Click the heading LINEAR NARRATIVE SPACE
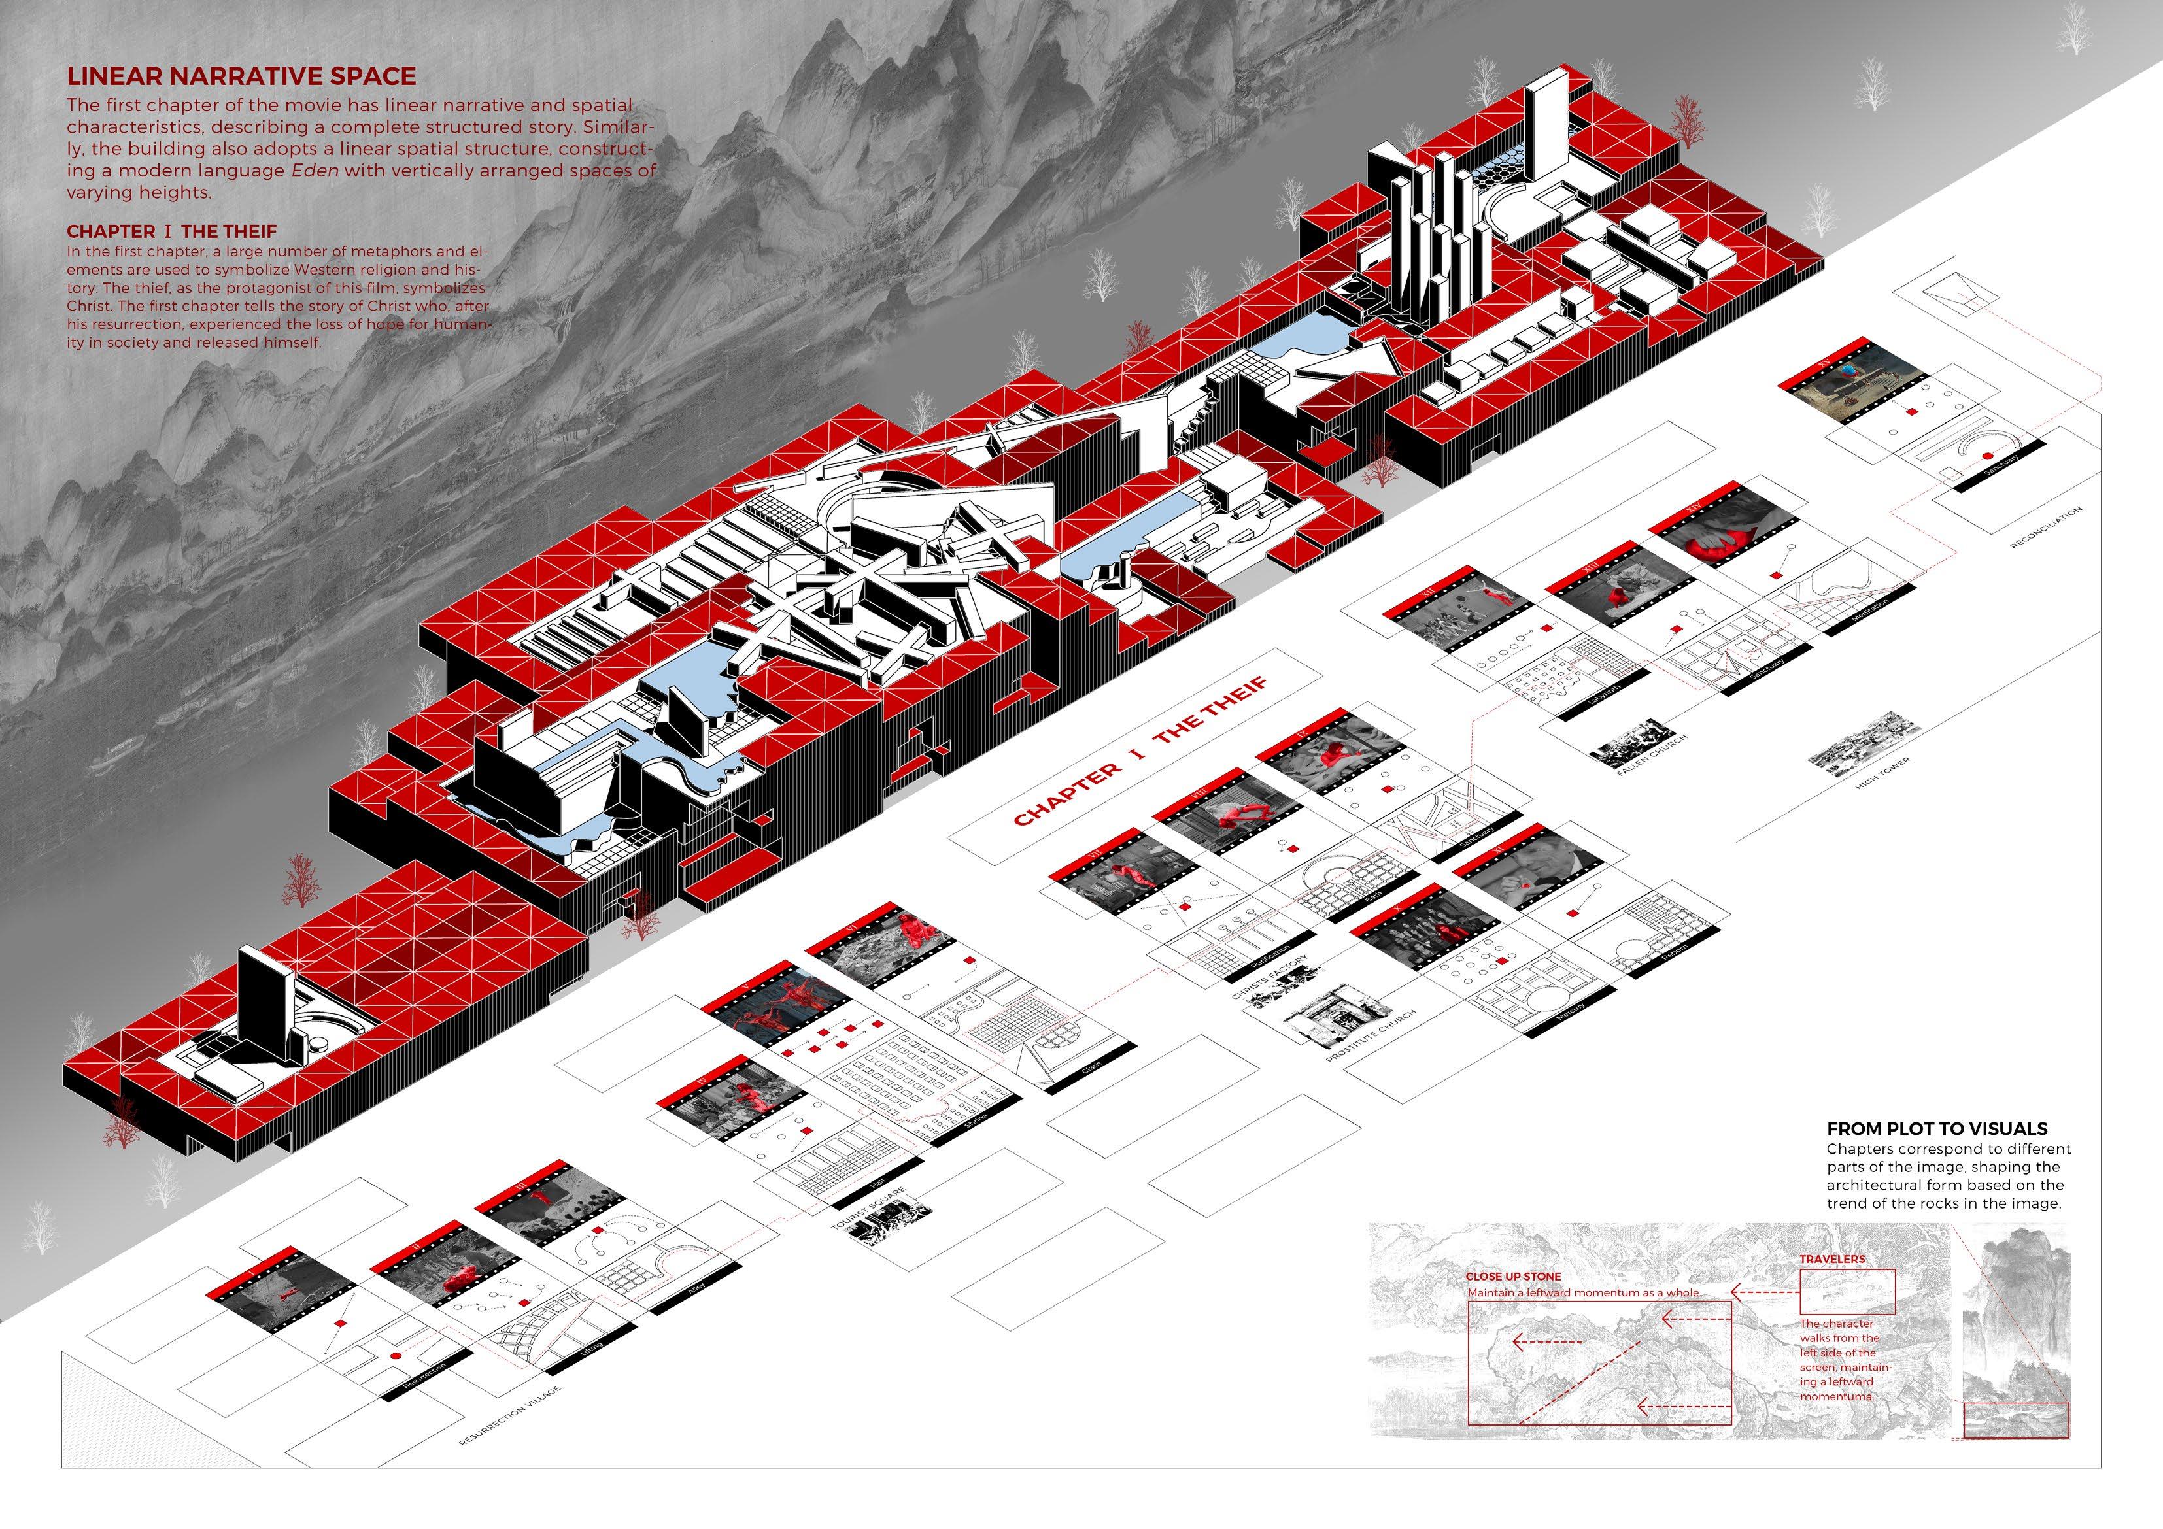coord(241,77)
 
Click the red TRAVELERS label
coord(1832,1258)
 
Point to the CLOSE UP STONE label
coord(1513,1277)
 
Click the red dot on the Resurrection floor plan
coord(396,1354)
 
